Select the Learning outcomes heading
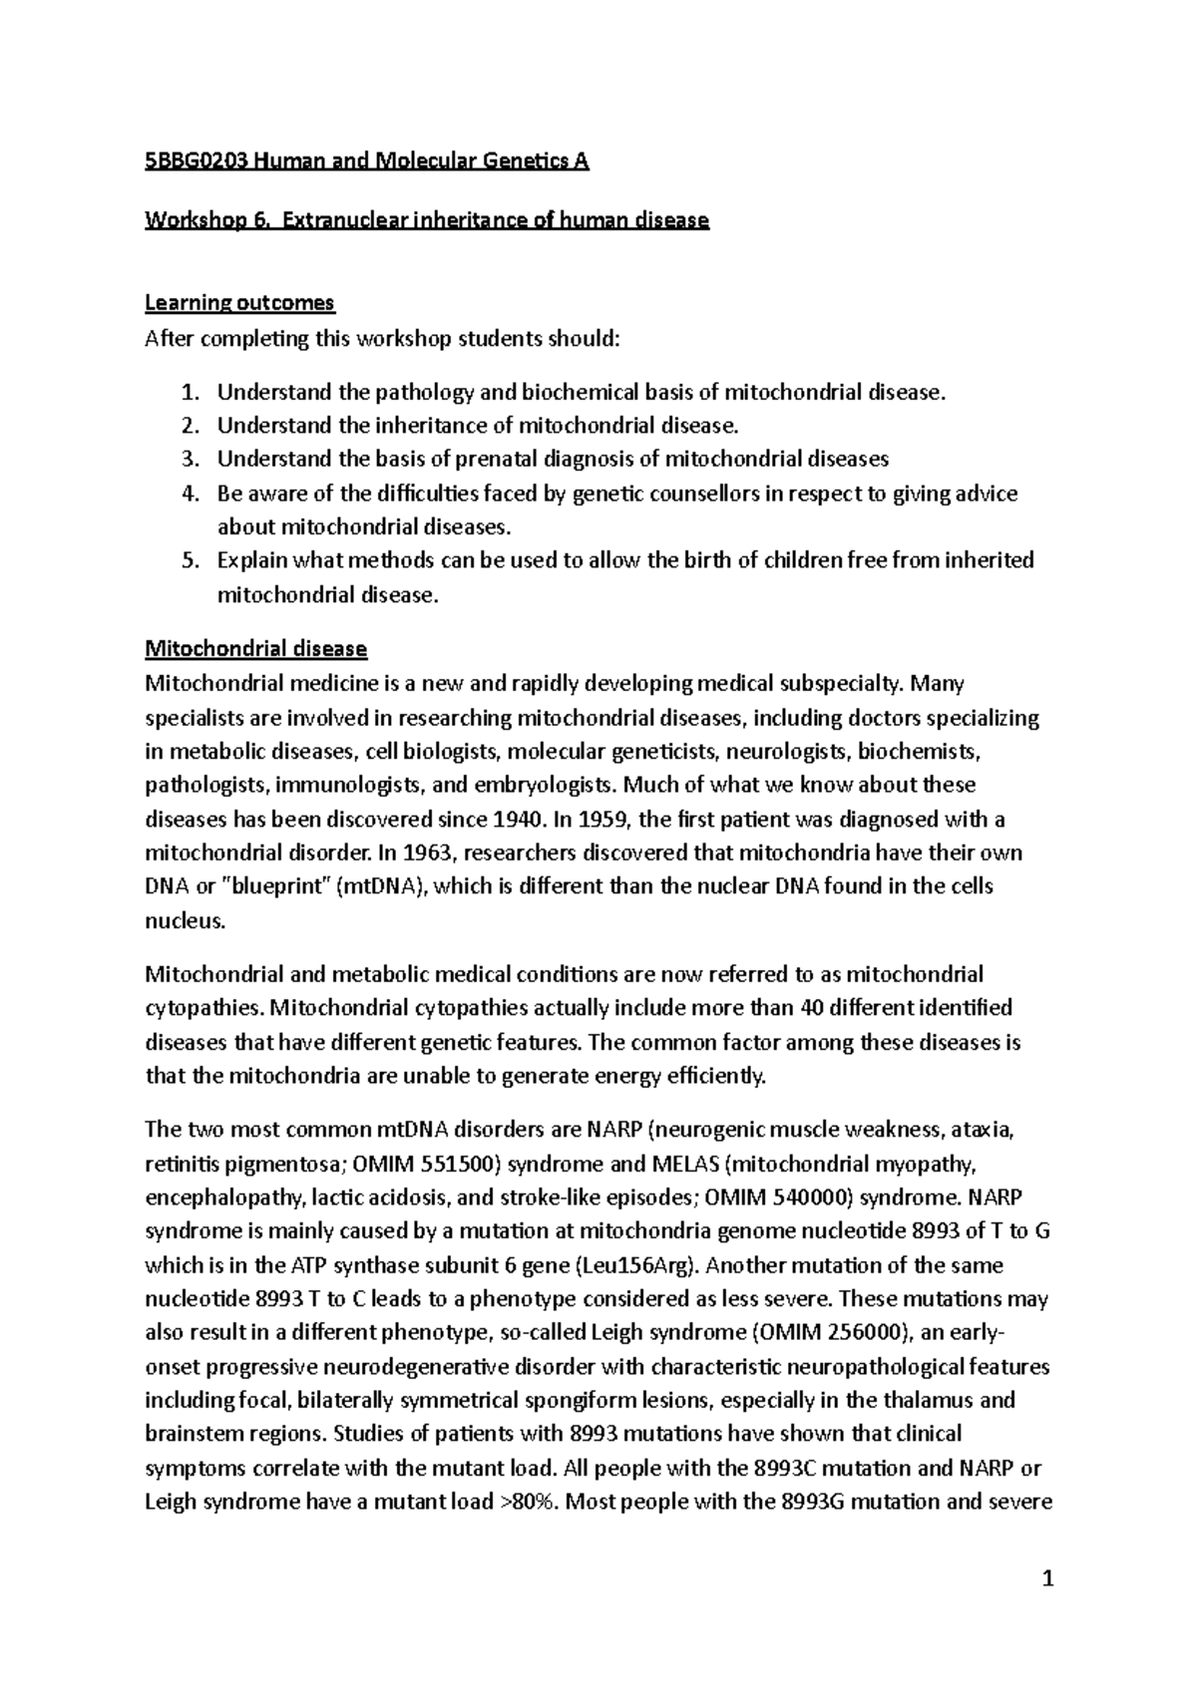(x=239, y=302)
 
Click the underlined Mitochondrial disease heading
(x=255, y=649)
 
